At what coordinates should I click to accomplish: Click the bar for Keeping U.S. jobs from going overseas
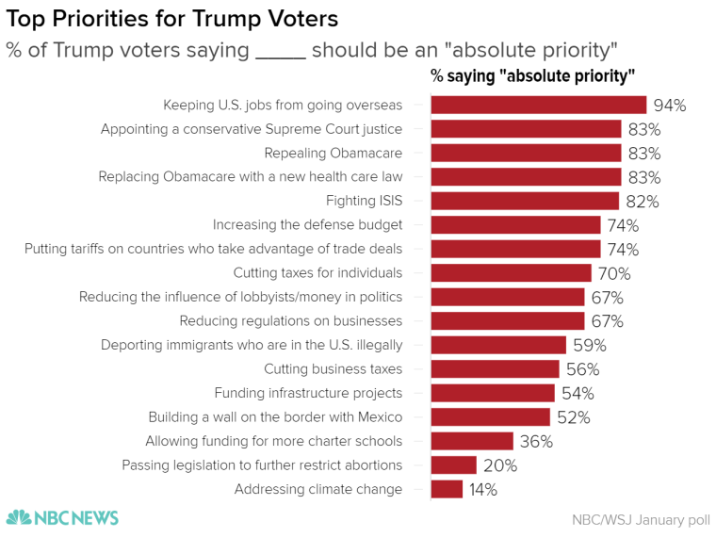coord(538,105)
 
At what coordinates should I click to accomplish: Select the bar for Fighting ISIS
coord(525,201)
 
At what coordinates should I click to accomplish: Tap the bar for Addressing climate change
coord(447,489)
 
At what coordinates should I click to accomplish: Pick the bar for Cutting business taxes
coord(495,369)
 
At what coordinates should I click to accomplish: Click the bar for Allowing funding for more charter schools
coord(472,441)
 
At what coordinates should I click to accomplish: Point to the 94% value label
coord(669,106)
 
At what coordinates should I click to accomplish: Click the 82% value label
coord(642,202)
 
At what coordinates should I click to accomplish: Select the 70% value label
coord(613,274)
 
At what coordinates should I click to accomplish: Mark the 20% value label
coord(498,465)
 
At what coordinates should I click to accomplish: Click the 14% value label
coord(484,490)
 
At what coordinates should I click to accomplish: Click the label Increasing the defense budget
coord(307,224)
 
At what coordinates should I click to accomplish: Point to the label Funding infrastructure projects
coord(308,393)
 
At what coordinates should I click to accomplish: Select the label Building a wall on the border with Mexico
coord(275,416)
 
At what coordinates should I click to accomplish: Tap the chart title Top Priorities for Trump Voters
coord(172,19)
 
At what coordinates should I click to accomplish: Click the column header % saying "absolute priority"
coord(532,75)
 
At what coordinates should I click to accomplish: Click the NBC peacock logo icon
coord(19,517)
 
